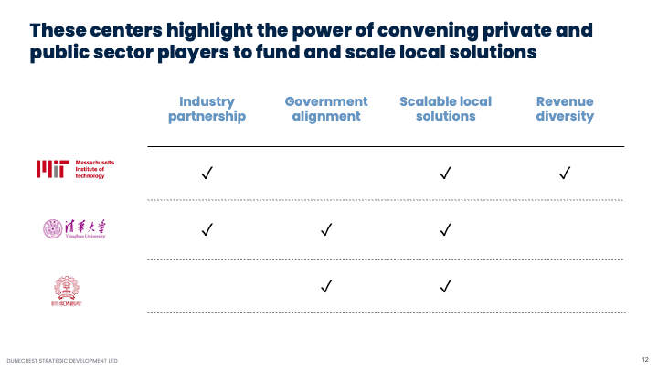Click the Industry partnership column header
point(207,109)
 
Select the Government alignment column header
point(326,109)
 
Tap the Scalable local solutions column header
point(445,109)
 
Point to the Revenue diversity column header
point(565,109)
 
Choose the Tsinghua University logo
point(75,228)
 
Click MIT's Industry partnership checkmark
point(207,173)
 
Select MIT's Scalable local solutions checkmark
point(446,173)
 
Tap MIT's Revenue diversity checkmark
point(565,173)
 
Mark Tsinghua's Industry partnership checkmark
point(207,229)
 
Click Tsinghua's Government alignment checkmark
point(326,229)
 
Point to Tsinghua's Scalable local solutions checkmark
point(446,229)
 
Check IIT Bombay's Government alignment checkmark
point(326,287)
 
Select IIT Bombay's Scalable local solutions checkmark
point(446,287)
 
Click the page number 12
point(644,359)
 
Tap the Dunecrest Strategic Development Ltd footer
point(62,360)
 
